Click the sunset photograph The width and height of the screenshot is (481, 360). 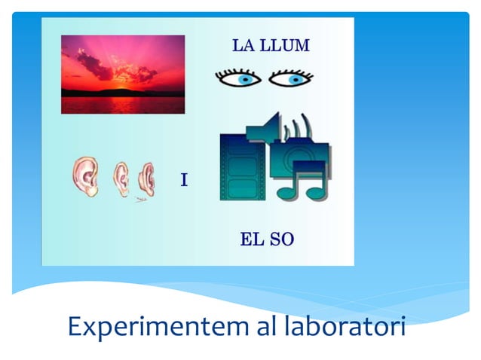tap(122, 74)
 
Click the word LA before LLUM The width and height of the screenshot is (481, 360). tap(243, 45)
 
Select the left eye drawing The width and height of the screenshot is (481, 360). tap(238, 78)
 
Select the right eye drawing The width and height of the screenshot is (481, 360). tap(291, 78)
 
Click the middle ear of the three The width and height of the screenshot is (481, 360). tap(121, 178)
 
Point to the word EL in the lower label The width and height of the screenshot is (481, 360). tap(250, 240)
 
